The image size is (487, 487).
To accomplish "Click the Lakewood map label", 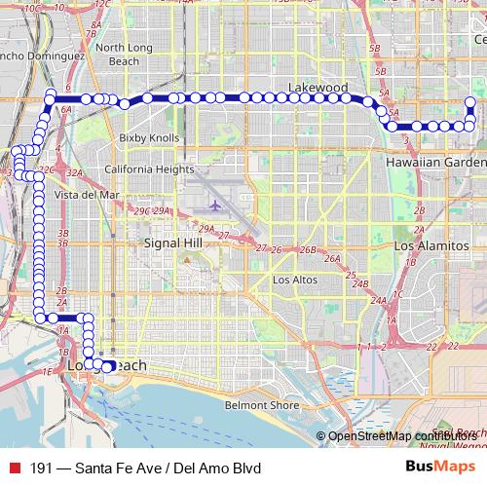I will [x=318, y=88].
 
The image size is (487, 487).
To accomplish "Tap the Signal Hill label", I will [x=172, y=242].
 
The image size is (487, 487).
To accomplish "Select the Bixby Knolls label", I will [x=149, y=138].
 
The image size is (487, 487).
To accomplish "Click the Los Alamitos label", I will [x=431, y=246].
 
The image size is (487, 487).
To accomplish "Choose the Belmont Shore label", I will [x=261, y=404].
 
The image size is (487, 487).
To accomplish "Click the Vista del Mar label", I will [x=87, y=195].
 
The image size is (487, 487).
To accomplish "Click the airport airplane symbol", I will [x=215, y=206].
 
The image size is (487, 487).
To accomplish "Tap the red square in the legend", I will [x=15, y=468].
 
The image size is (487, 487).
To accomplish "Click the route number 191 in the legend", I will [x=41, y=468].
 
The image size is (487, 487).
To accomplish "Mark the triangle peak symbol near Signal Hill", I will [x=185, y=259].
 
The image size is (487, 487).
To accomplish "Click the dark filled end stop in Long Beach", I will [x=109, y=366].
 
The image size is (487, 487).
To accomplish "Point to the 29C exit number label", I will [x=142, y=210].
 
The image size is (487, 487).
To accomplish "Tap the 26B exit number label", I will [x=308, y=250].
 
